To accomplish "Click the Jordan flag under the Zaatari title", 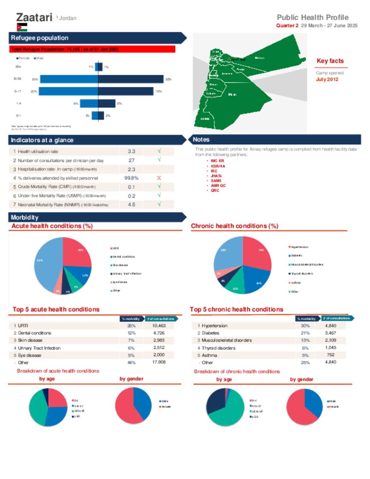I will pos(22,27).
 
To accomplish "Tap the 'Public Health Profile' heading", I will pos(313,17).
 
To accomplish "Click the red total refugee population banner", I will pos(92,49).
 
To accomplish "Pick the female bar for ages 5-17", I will pos(68,91).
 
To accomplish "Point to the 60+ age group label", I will pos(18,67).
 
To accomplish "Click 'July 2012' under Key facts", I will pos(327,80).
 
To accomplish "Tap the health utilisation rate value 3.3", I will pos(132,151).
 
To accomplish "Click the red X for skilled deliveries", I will pos(159,178).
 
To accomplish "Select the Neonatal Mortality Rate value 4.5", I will pos(132,205).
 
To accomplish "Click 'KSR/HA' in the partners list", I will pos(218,166).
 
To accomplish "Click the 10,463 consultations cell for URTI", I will pos(159,326).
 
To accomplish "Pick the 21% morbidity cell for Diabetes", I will pos(305,333).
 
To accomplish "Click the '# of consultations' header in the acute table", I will pos(161,319).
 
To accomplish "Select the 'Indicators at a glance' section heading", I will pos(42,140).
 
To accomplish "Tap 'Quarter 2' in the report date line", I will pos(287,26).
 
